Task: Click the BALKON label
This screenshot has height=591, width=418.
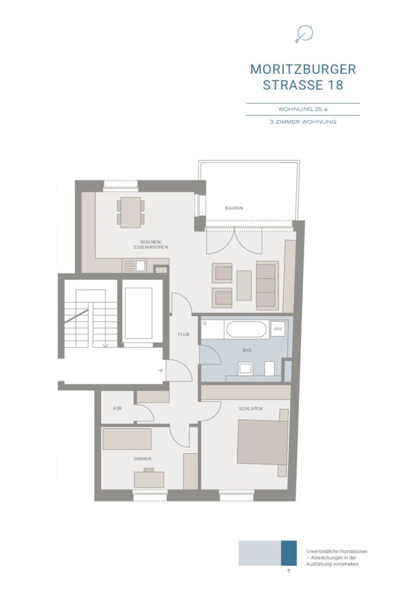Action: point(234,208)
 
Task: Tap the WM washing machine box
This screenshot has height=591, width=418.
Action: point(278,329)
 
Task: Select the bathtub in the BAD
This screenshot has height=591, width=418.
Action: point(246,330)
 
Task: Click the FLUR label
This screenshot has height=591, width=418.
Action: point(184,334)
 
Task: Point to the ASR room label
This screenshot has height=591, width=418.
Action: point(117,408)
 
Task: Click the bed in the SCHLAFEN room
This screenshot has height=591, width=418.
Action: point(263,443)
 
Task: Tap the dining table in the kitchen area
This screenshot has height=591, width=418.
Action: point(130,212)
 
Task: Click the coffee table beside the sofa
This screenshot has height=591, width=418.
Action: point(244,285)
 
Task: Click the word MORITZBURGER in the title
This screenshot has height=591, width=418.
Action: point(303,69)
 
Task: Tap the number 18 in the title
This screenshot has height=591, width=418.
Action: point(335,85)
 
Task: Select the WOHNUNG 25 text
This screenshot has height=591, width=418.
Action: point(300,109)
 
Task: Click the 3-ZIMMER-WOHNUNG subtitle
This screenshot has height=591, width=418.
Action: point(303,122)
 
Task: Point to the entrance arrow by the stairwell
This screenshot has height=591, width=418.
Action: point(160,371)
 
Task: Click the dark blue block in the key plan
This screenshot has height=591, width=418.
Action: point(289,553)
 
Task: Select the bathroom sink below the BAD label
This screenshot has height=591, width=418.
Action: point(245,368)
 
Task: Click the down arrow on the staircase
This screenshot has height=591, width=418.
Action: point(106,344)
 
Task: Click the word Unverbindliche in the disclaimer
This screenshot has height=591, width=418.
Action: point(320,551)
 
